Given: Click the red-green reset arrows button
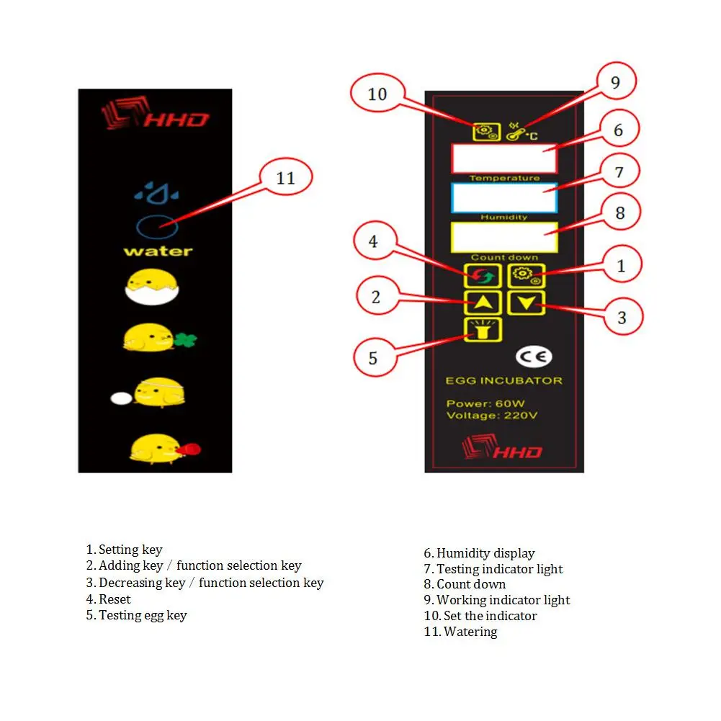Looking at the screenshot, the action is tap(483, 276).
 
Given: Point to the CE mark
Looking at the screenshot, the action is tap(534, 357).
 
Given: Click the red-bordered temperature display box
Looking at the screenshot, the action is tap(504, 158).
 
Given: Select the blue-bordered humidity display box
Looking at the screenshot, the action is tap(504, 198).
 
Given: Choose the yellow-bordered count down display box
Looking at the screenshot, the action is tap(504, 237).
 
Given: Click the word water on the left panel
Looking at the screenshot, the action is tap(158, 251).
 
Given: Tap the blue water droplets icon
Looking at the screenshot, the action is tap(156, 193).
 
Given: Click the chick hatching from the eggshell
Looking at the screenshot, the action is tap(152, 287).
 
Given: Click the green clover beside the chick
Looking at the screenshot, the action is tap(185, 340).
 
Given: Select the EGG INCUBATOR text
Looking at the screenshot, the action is tap(504, 381).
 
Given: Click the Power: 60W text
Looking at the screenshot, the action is tap(485, 404).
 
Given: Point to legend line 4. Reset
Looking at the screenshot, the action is tap(109, 599).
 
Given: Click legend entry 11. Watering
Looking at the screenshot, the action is tap(461, 632).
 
